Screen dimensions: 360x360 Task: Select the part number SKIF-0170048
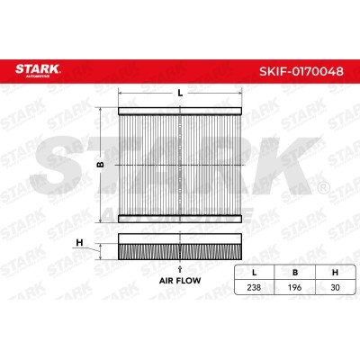[301, 71]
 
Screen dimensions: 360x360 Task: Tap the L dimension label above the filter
[180, 93]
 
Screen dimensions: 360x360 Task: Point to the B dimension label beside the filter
[101, 165]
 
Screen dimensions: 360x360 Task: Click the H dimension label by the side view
[79, 242]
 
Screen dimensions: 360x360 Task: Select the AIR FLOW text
[180, 281]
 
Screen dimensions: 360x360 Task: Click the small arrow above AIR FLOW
[180, 269]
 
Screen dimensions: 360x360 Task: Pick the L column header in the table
[255, 273]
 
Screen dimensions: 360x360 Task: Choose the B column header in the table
[295, 273]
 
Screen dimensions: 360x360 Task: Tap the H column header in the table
[335, 273]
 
